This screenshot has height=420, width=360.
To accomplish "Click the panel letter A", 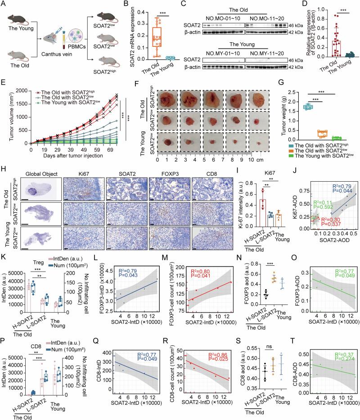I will (4, 4).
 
